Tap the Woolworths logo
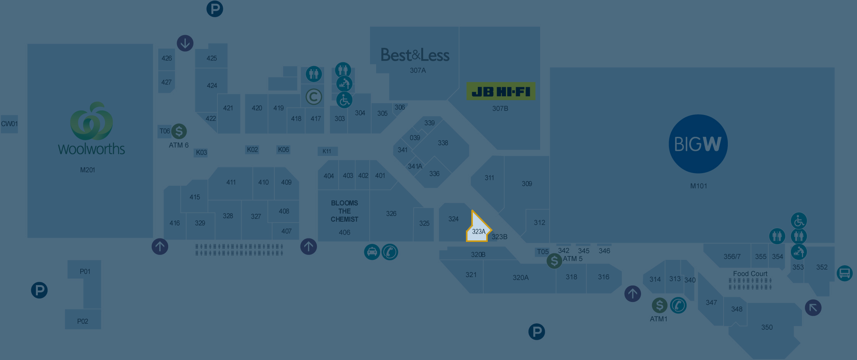(x=91, y=128)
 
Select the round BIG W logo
(x=698, y=144)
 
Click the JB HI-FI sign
(x=501, y=91)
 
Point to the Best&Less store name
(x=415, y=55)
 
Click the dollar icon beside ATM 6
(x=179, y=131)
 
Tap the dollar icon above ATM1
(x=659, y=305)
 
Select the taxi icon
(x=372, y=252)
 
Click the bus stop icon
(x=844, y=273)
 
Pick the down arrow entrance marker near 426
(x=185, y=43)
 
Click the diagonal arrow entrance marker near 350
(x=813, y=308)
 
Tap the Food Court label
(x=750, y=274)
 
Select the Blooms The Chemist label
(x=344, y=211)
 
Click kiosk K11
(x=327, y=151)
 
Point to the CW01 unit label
(x=9, y=124)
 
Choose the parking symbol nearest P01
(x=39, y=290)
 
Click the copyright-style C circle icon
(x=314, y=97)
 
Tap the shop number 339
(x=429, y=123)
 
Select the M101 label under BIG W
(x=698, y=186)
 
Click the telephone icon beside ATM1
(x=678, y=305)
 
